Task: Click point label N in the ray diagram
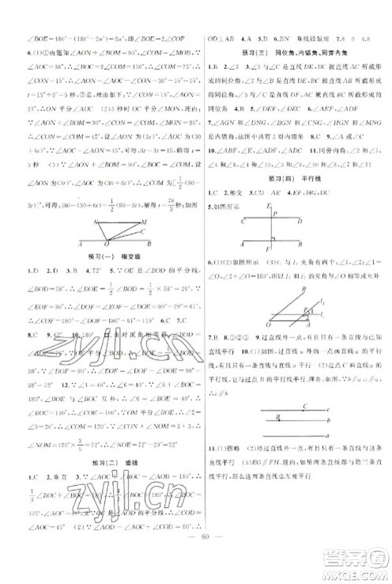[x=93, y=221]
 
